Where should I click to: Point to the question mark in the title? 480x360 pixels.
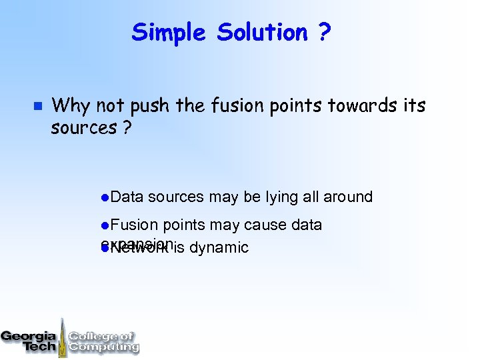point(325,32)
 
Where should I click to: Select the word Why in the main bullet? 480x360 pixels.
point(71,106)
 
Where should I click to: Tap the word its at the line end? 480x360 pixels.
point(413,105)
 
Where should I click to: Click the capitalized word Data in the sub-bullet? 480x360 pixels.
point(127,197)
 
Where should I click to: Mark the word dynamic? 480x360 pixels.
point(219,248)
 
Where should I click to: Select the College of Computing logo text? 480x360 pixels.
point(103,341)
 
